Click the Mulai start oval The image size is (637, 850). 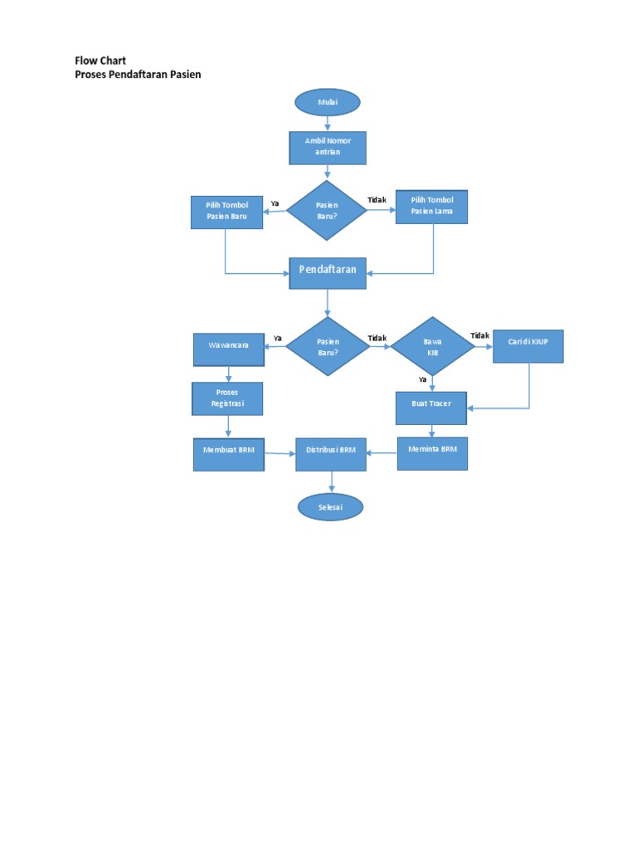pos(328,102)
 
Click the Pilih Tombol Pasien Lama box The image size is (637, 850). pos(433,208)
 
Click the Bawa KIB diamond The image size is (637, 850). pos(432,346)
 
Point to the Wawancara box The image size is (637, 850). pos(229,349)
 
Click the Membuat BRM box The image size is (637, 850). pos(229,454)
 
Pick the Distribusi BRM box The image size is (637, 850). pos(331,454)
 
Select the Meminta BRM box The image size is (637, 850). pos(432,452)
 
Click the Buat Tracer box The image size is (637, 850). pos(431,408)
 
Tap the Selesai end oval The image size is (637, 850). pos(330,506)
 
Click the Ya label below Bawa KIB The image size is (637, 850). pos(422,379)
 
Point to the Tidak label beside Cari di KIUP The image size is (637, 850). pos(479,335)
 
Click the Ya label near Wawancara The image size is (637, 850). pos(278,338)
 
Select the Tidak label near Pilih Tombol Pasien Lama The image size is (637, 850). pos(377,200)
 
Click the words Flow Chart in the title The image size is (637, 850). pos(100,61)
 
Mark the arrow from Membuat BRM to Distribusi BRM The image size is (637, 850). pos(280,454)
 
